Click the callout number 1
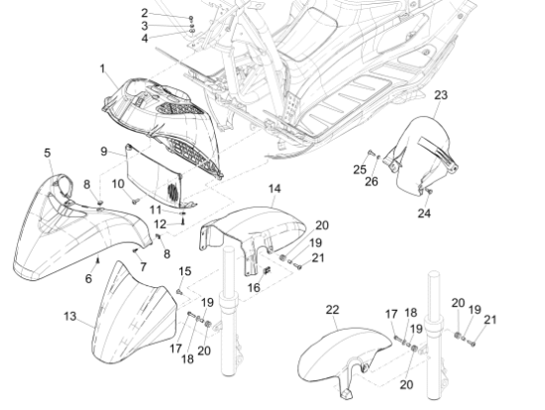pyautogui.click(x=102, y=68)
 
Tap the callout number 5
pyautogui.click(x=48, y=153)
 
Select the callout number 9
pyautogui.click(x=104, y=152)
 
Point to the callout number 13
pyautogui.click(x=70, y=316)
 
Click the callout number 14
pyautogui.click(x=274, y=189)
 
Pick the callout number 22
pyautogui.click(x=332, y=310)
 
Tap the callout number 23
pyautogui.click(x=441, y=95)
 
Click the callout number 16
pyautogui.click(x=254, y=287)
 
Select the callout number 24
pyautogui.click(x=424, y=213)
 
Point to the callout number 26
pyautogui.click(x=372, y=181)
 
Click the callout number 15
pyautogui.click(x=185, y=271)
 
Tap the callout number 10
pyautogui.click(x=118, y=184)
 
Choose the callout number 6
pyautogui.click(x=88, y=278)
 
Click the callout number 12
pyautogui.click(x=160, y=224)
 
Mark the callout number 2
pyautogui.click(x=145, y=13)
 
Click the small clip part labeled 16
pyautogui.click(x=268, y=270)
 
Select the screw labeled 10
pyautogui.click(x=135, y=200)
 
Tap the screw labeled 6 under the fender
pyautogui.click(x=98, y=259)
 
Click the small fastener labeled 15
pyautogui.click(x=179, y=291)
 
